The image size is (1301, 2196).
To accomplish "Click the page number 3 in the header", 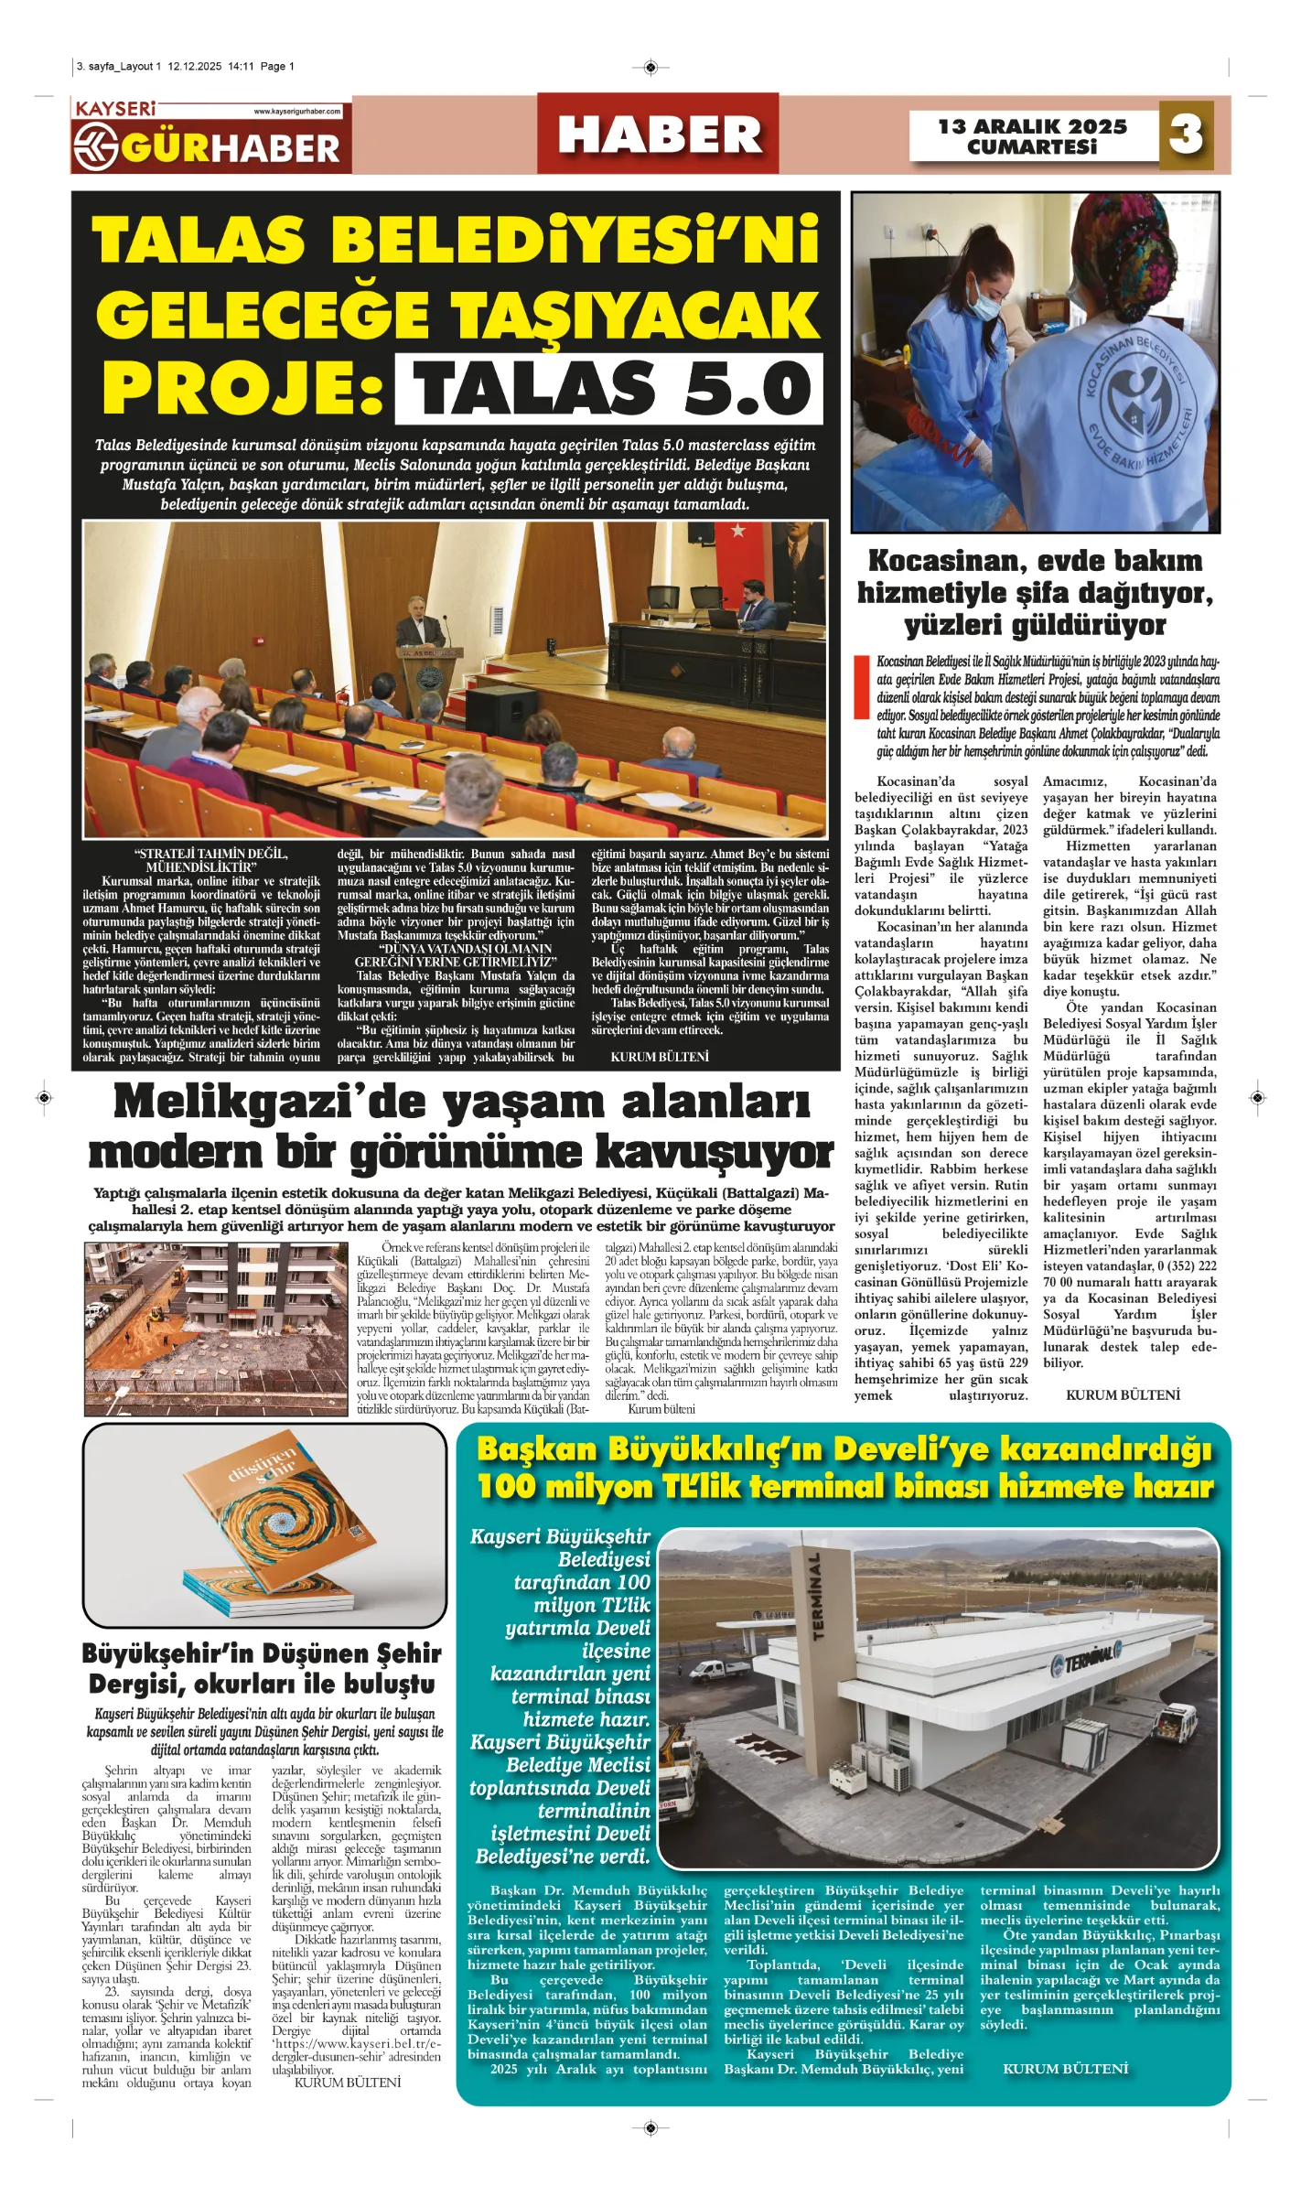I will coord(1186,135).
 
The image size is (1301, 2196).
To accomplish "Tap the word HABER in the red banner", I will coord(659,135).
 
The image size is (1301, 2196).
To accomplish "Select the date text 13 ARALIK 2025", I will coord(1032,126).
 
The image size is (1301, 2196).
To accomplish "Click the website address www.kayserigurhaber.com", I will coord(297,111).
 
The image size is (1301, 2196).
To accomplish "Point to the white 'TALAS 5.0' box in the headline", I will coord(609,389).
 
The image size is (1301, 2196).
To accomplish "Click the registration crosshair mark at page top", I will coord(650,67).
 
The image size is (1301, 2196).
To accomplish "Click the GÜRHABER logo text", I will coord(231,148).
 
